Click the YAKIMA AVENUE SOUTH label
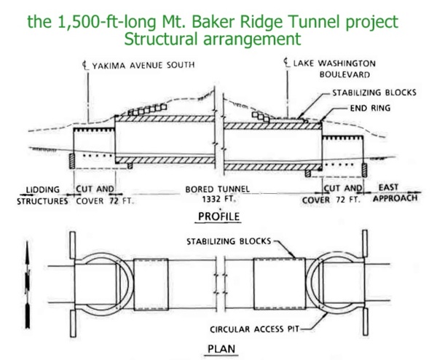143,65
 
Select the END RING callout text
370,108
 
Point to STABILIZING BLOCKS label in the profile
374,93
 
